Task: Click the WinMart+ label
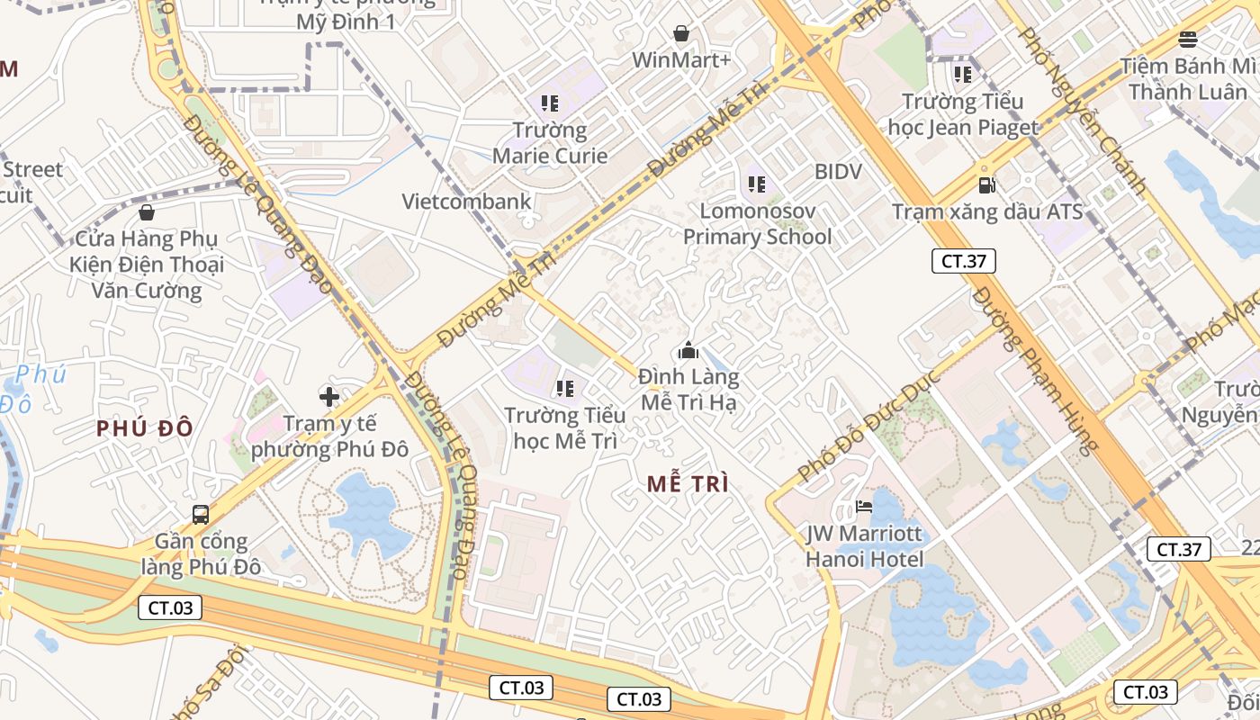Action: coord(681,60)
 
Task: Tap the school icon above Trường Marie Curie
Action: coord(550,103)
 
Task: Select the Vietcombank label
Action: coord(467,202)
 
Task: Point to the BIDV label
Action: coord(838,172)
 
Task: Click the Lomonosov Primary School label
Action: coord(757,224)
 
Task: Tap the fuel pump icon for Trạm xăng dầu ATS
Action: coord(986,185)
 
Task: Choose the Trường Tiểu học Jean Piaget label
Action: coord(963,114)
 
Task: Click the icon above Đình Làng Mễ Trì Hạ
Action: coord(688,349)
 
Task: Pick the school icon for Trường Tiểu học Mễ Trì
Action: coord(565,389)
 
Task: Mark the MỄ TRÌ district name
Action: coord(688,484)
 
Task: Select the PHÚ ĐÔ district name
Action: coord(145,428)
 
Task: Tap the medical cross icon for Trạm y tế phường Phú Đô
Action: coord(329,396)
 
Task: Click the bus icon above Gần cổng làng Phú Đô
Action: coord(201,515)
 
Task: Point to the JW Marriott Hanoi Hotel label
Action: coord(864,546)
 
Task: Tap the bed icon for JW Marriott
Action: coord(864,507)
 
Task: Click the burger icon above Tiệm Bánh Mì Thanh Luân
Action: coord(1188,39)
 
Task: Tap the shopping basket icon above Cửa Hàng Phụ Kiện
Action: coord(147,212)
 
